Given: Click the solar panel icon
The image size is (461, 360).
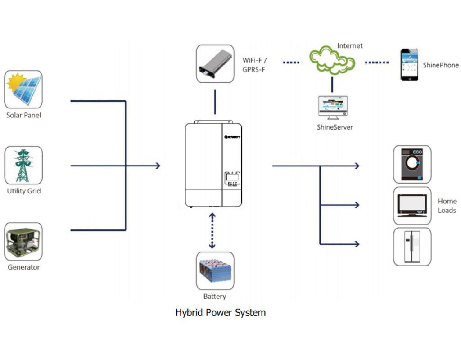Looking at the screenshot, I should click(23, 89).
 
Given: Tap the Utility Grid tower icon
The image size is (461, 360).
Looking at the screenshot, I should click(23, 165).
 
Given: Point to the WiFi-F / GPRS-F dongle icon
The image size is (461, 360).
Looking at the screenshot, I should click(215, 63).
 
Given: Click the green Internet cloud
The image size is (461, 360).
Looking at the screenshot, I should click(332, 61).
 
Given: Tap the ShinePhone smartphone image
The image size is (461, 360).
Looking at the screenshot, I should click(409, 65).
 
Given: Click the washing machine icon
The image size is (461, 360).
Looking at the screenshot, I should click(412, 164).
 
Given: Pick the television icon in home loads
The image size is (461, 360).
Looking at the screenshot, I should click(412, 205).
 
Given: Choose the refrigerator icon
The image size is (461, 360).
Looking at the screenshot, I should click(412, 246).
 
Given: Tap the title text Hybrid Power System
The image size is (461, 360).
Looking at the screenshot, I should click(220, 312).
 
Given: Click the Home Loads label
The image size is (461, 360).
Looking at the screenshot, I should click(447, 206).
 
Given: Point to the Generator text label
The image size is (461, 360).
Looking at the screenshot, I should click(23, 267).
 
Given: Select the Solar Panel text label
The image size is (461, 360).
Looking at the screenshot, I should click(23, 115).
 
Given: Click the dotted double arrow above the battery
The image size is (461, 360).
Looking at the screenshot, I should click(212, 231).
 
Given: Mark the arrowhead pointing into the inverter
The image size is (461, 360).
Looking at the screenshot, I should click(158, 166).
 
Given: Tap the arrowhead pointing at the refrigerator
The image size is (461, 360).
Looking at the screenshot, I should click(357, 244).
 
